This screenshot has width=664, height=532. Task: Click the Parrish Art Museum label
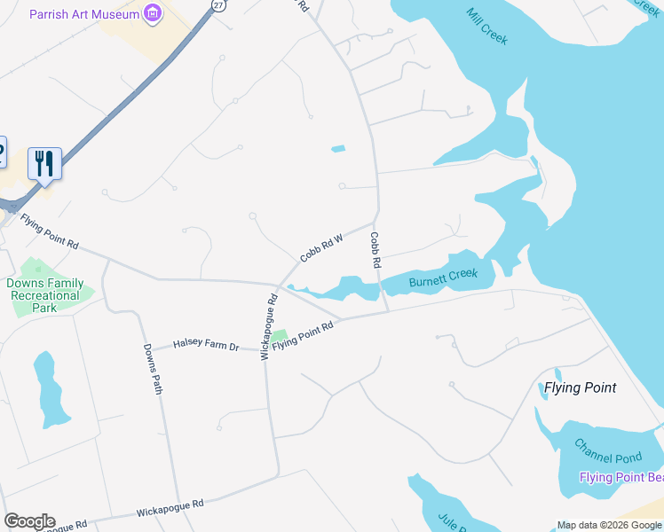84,14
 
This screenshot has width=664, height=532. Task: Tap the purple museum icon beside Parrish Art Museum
154,13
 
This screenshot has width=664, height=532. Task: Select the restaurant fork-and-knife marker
44,163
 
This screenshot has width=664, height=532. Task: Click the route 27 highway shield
218,4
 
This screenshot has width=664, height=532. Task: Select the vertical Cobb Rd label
375,251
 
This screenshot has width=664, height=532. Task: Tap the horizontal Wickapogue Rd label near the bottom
170,508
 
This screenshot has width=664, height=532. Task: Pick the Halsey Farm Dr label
206,343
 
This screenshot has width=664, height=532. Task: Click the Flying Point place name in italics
580,387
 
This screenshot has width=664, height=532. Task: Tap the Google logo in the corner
28,521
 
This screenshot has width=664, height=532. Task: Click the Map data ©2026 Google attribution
609,525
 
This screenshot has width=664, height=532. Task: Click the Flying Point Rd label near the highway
50,232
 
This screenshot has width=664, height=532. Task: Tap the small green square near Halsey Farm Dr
280,336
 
